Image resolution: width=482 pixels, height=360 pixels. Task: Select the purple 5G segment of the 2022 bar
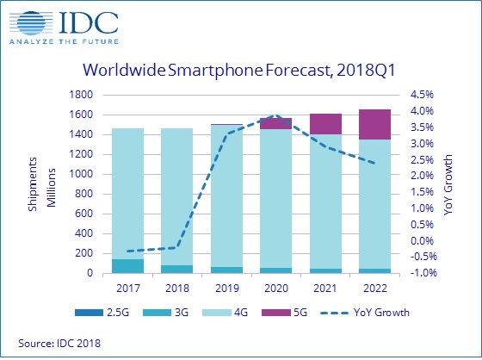(374, 124)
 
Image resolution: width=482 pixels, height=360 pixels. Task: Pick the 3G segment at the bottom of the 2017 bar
(128, 266)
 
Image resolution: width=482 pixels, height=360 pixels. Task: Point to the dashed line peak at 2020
(275, 115)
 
